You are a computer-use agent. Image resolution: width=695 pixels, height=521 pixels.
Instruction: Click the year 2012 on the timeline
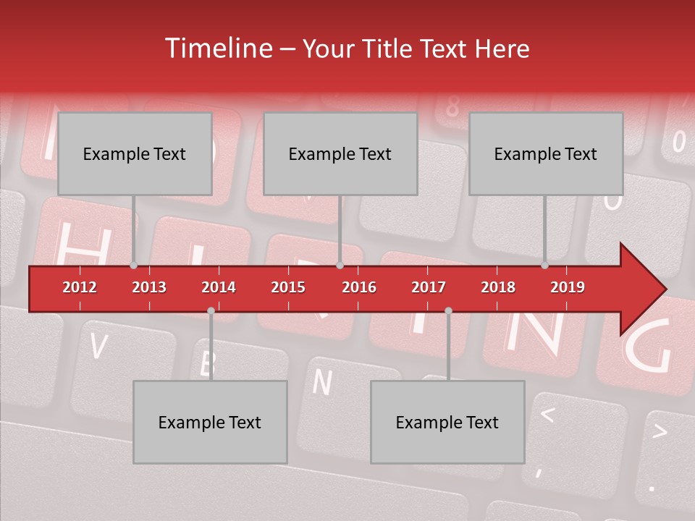point(80,287)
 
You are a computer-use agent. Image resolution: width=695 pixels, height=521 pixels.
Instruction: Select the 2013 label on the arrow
point(149,287)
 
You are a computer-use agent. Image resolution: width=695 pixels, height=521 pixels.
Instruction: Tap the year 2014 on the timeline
point(219,287)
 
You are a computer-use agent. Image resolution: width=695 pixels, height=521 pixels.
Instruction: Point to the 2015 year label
point(288,287)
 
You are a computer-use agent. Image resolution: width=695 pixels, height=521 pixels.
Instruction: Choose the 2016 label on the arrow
point(359,287)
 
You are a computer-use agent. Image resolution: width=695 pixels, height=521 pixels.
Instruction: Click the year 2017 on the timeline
point(429,287)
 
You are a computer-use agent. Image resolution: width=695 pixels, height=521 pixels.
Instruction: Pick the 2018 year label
point(498,287)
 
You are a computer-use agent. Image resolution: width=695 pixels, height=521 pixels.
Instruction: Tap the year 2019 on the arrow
point(568,287)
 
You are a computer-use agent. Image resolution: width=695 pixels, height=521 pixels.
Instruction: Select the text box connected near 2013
point(135,154)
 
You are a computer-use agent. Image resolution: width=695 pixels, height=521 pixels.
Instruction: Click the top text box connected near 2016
point(340,154)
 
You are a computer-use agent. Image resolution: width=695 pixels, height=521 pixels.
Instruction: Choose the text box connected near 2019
point(546,154)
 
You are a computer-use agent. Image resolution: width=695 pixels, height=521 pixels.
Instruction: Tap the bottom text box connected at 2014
point(210,423)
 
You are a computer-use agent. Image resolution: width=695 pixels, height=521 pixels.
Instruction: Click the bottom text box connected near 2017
point(447,423)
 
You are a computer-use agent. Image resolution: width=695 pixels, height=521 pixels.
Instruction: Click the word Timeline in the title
point(217,48)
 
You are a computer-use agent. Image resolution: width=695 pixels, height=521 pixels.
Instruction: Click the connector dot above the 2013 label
point(134,266)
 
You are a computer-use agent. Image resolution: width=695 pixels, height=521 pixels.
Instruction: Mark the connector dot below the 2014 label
point(211,310)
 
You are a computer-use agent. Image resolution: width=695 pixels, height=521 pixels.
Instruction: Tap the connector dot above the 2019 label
point(545,266)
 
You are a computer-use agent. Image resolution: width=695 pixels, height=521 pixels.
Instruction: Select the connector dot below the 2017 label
point(448,310)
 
